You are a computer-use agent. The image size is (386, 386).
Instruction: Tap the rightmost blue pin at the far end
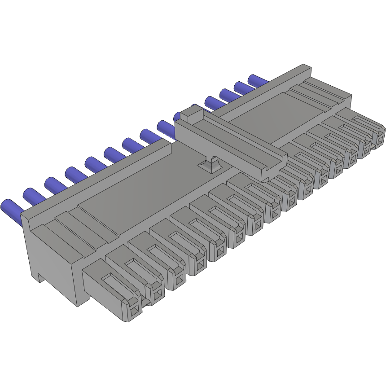(x=258, y=81)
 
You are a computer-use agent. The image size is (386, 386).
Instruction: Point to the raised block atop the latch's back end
(x=191, y=114)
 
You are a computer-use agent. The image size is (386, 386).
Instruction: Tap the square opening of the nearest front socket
(x=135, y=309)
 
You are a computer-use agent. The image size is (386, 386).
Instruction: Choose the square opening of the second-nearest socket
(x=157, y=294)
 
